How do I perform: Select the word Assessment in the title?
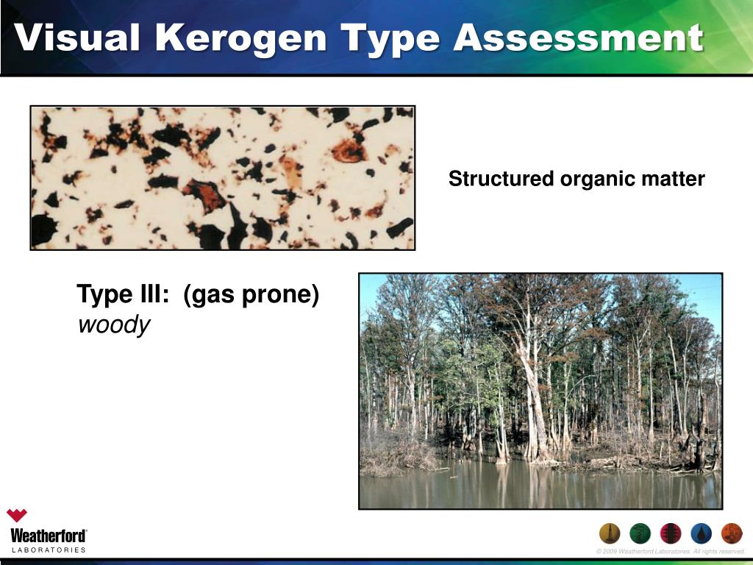(x=578, y=38)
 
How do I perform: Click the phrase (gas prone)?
(x=251, y=295)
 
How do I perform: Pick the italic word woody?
(x=113, y=324)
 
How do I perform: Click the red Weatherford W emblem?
(x=17, y=516)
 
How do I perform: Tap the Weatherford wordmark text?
(x=48, y=535)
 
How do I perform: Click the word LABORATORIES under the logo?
(x=48, y=550)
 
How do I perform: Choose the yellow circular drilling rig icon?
(x=610, y=533)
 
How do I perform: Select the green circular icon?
(x=640, y=533)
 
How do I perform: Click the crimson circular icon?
(x=671, y=533)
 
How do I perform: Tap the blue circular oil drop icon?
(x=702, y=533)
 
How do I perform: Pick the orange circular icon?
(x=732, y=533)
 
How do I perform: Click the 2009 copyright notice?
(x=671, y=552)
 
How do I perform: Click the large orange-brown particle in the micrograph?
(x=349, y=151)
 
